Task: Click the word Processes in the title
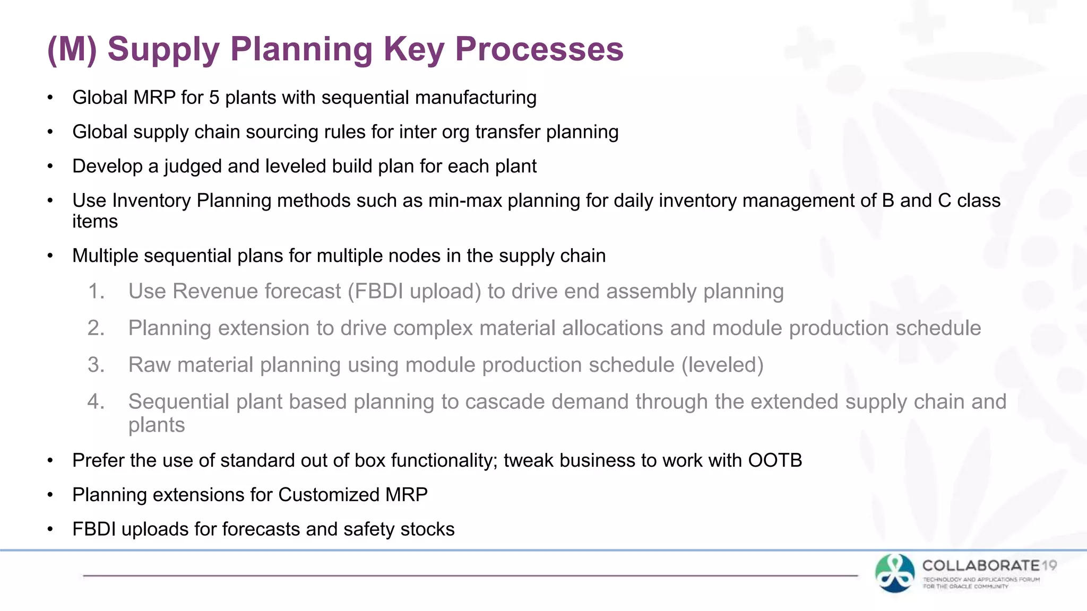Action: (539, 49)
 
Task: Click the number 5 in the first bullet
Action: (214, 98)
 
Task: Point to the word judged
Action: (193, 167)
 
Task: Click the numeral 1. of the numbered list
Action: (96, 292)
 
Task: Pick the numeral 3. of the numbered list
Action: (96, 365)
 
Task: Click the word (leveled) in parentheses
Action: (722, 365)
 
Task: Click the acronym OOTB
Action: (775, 461)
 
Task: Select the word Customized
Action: (329, 495)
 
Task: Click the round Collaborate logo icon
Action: (895, 573)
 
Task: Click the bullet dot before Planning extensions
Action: (50, 495)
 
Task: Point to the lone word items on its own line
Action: (95, 222)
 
